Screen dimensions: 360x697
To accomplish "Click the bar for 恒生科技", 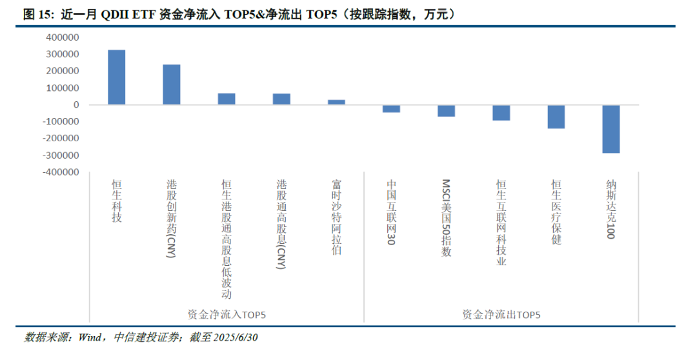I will pyautogui.click(x=116, y=77).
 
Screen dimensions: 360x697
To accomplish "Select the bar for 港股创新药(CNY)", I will pyautogui.click(x=171, y=85).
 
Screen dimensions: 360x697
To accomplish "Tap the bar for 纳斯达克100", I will pyautogui.click(x=611, y=129).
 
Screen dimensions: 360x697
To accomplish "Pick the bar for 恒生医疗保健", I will pyautogui.click(x=556, y=117).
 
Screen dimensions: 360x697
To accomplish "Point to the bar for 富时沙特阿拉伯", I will pyautogui.click(x=336, y=102).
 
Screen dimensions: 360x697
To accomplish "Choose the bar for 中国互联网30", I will pyautogui.click(x=391, y=108).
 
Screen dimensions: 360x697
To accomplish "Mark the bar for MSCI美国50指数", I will pyautogui.click(x=446, y=110).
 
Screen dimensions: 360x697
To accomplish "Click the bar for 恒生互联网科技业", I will pyautogui.click(x=501, y=112).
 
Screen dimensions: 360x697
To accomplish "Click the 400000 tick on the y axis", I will pyautogui.click(x=63, y=37).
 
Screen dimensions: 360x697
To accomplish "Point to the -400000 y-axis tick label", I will pyautogui.click(x=61, y=172).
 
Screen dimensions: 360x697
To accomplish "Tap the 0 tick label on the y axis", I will pyautogui.click(x=76, y=105).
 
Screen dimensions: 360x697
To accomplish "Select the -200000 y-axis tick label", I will pyautogui.click(x=61, y=138).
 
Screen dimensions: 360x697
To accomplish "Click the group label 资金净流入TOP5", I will pyautogui.click(x=227, y=315).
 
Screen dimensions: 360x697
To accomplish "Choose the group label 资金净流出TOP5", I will pyautogui.click(x=501, y=315).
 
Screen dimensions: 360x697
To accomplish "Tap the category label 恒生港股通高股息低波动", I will pyautogui.click(x=227, y=239).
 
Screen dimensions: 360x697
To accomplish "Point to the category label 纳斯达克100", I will pyautogui.click(x=611, y=209).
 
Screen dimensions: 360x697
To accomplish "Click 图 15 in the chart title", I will pyautogui.click(x=38, y=15).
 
